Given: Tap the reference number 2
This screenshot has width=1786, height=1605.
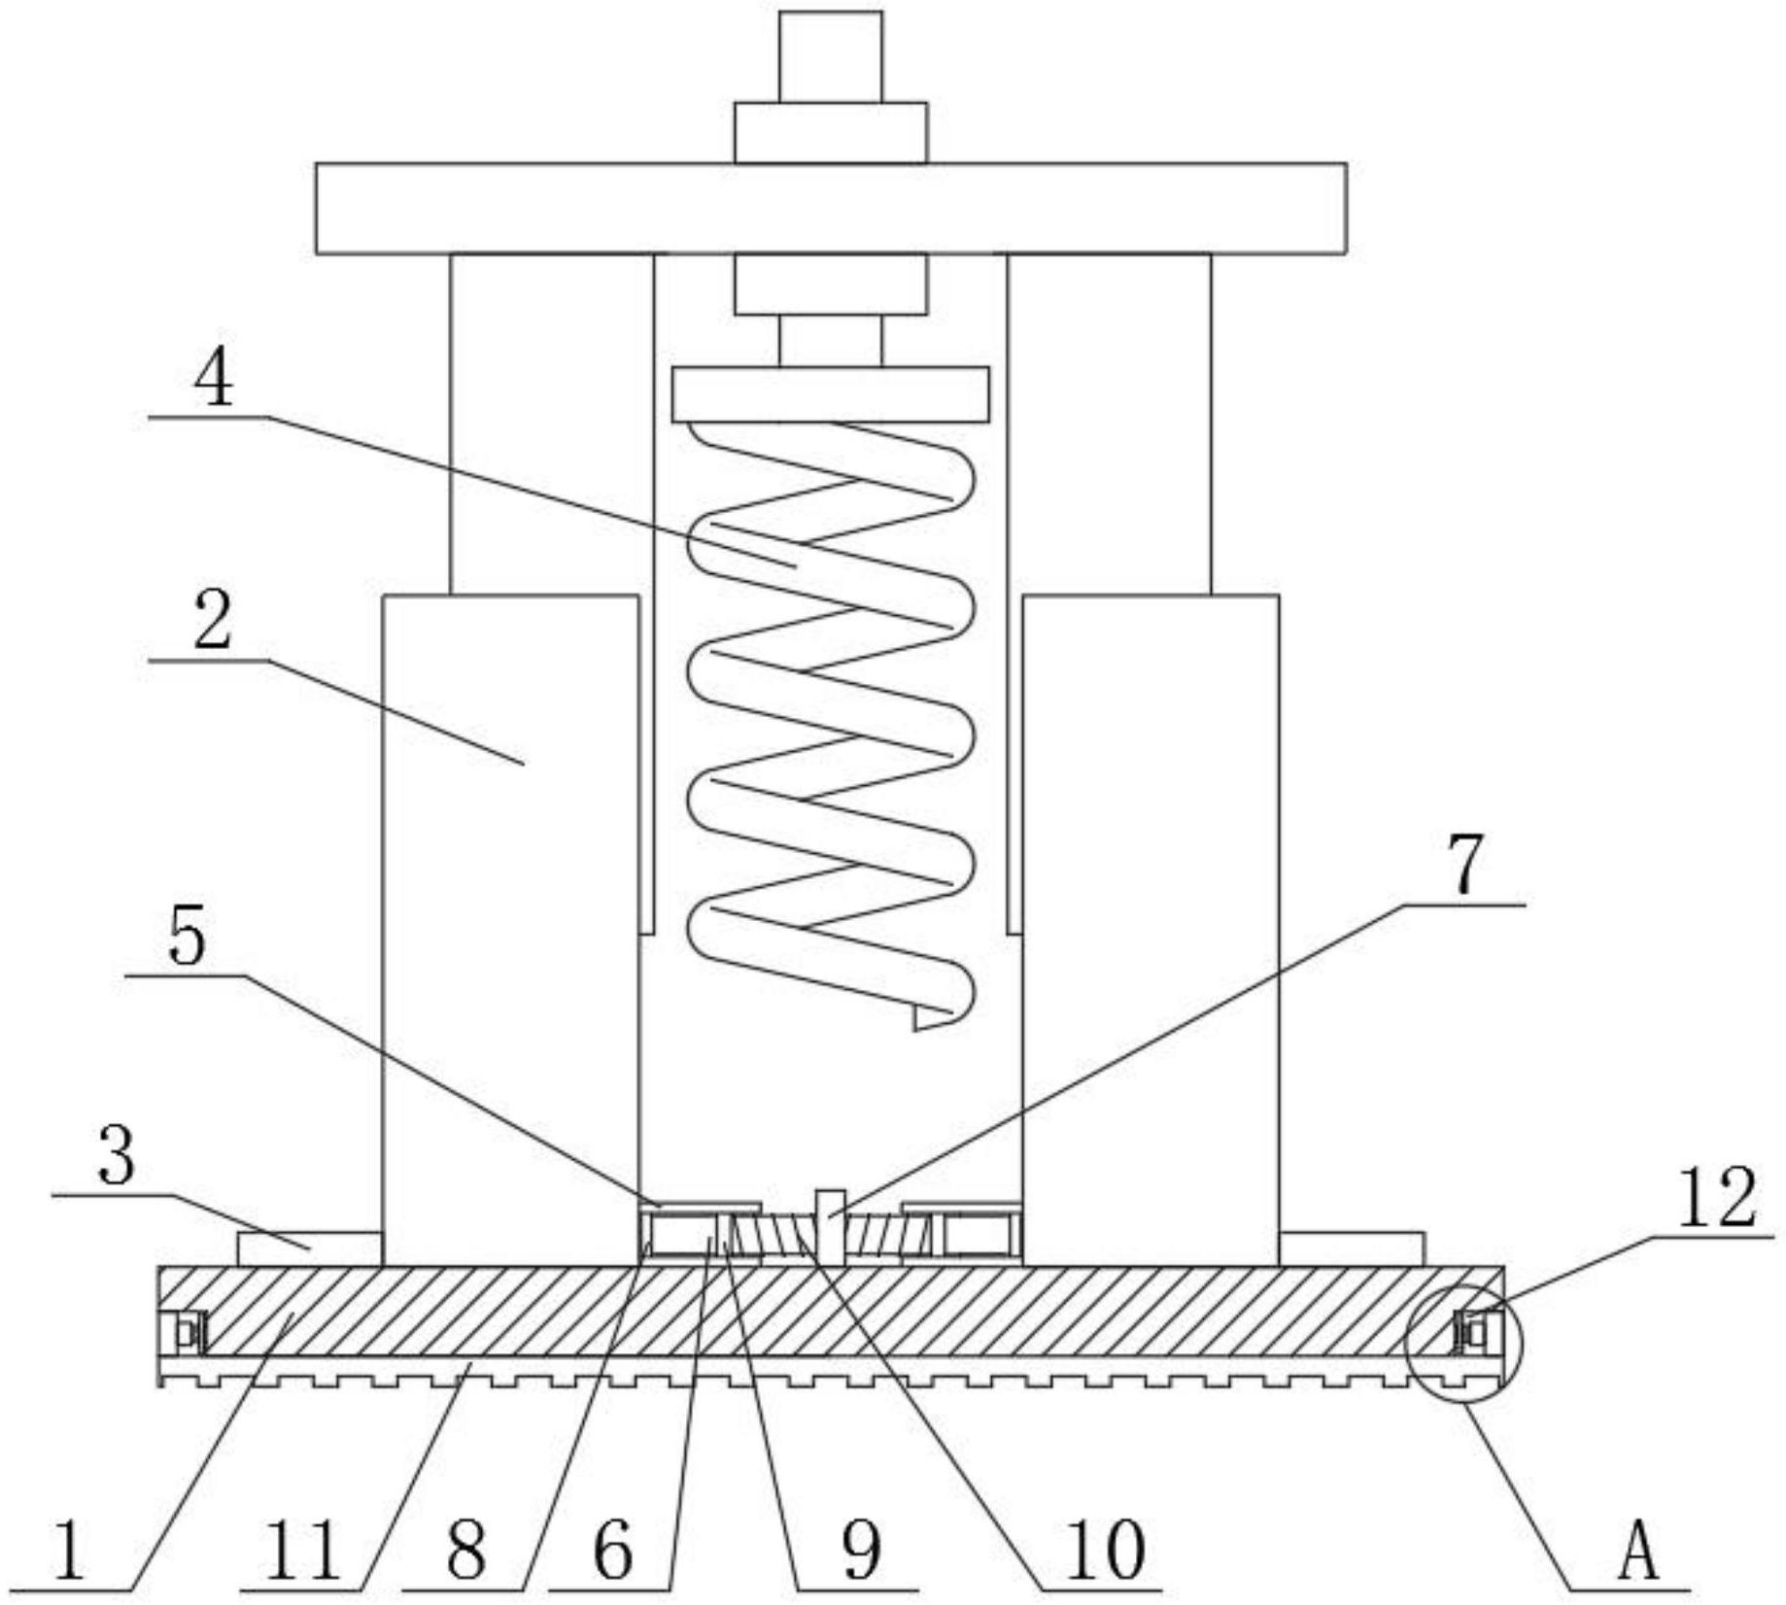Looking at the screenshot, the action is click(x=213, y=622).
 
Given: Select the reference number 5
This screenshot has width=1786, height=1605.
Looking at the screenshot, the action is click(x=188, y=939).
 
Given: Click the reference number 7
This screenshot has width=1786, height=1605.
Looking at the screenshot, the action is click(x=1467, y=866).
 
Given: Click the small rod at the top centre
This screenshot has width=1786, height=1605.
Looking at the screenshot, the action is click(x=831, y=56).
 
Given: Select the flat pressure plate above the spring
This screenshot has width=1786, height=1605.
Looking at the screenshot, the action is click(x=831, y=394).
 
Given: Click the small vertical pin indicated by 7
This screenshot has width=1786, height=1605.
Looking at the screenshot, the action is click(x=831, y=1227).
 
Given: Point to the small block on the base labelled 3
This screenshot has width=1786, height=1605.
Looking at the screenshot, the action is click(x=309, y=1248).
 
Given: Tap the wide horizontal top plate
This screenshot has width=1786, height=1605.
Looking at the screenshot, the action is click(x=831, y=209).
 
